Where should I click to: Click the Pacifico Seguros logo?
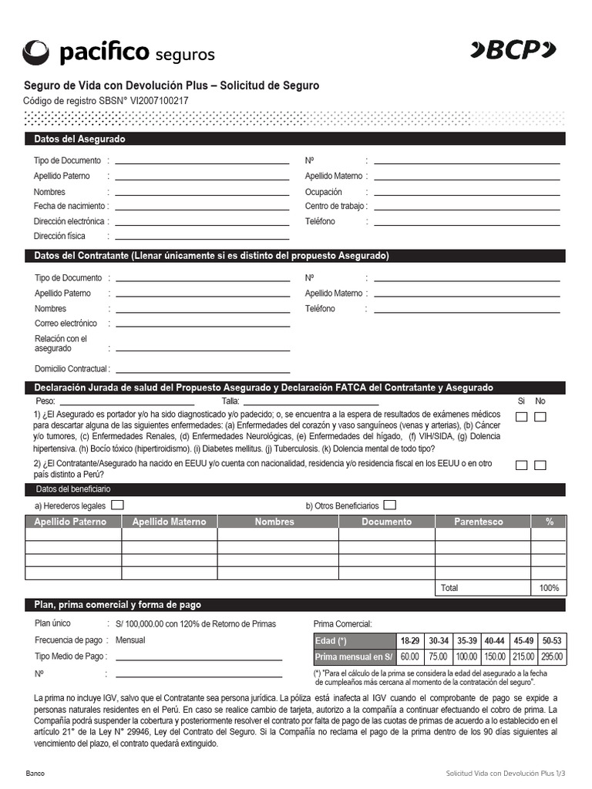(119, 52)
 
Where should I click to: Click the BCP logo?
(513, 51)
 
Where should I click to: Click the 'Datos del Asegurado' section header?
(79, 139)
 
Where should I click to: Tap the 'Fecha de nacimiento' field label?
(71, 206)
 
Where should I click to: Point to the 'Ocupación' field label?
(325, 192)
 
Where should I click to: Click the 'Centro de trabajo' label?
(335, 206)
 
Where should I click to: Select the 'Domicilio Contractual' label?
(71, 368)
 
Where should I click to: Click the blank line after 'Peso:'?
(126, 401)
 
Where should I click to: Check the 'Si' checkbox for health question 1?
(522, 417)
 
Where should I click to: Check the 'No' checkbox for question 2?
(540, 465)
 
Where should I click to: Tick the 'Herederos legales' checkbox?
(117, 505)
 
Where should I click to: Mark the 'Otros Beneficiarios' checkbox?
(390, 505)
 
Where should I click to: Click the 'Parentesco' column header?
(478, 522)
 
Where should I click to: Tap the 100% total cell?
(549, 588)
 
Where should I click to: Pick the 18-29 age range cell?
(409, 640)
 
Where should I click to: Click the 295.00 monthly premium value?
(552, 656)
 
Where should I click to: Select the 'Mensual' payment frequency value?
(129, 640)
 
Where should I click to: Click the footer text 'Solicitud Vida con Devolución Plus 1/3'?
(506, 773)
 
